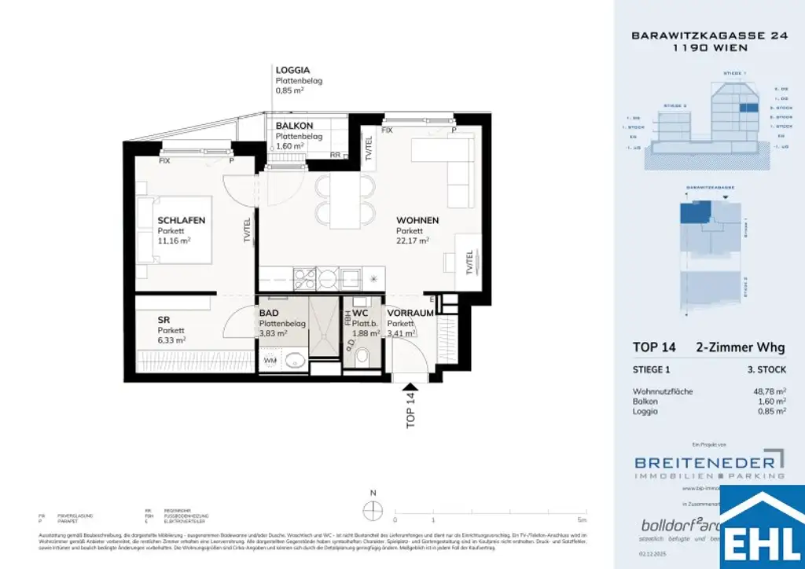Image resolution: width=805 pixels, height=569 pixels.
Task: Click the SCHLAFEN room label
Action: point(181,221)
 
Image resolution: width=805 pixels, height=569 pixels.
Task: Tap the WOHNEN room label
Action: point(417,221)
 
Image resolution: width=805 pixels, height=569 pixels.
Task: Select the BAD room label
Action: point(269,313)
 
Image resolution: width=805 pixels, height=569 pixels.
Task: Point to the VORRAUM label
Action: point(410,313)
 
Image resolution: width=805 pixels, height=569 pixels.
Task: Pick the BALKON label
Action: point(294,126)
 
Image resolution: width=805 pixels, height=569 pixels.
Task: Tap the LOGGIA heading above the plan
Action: point(292,71)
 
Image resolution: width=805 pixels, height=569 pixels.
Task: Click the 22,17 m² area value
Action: point(412,241)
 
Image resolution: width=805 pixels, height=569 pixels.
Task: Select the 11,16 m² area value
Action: point(174,241)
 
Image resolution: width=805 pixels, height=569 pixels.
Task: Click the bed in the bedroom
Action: point(174,230)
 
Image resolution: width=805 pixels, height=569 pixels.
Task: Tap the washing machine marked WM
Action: point(270,361)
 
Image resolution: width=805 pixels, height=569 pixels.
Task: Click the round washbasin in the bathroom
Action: point(296,361)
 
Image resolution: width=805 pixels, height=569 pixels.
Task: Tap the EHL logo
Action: point(762,528)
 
